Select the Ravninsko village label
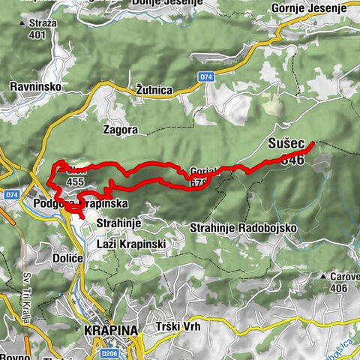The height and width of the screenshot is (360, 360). tap(35, 87)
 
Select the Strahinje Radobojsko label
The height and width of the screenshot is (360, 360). tap(244, 227)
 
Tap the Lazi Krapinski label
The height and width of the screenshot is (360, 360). tap(131, 244)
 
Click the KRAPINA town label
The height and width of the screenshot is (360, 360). tap(112, 329)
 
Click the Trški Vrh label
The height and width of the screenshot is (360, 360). tap(178, 328)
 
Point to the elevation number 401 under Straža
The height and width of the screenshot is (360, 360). tap(34, 34)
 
